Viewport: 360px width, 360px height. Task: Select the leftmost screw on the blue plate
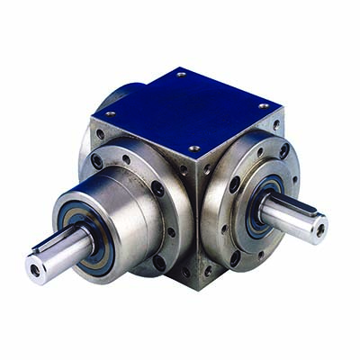coord(111,114)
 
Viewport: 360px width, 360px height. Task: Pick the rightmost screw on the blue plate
coord(264,106)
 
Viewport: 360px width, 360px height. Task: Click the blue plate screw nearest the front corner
coord(193,148)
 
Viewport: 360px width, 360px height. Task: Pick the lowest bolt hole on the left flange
coord(161,263)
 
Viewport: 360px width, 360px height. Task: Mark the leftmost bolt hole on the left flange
coord(96,162)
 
